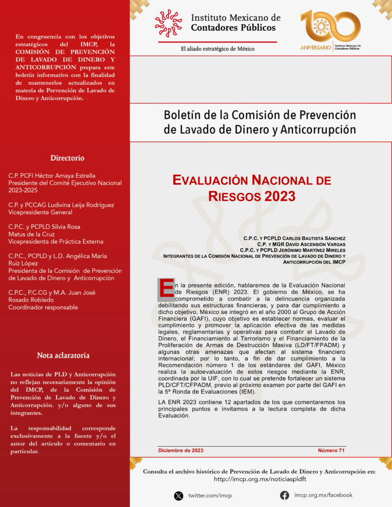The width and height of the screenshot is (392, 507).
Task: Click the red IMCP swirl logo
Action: [x=168, y=23]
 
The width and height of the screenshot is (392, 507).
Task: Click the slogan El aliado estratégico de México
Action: [x=217, y=49]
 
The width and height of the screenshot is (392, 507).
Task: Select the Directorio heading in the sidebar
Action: [x=67, y=158]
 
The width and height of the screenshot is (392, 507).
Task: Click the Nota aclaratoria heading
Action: [x=63, y=355]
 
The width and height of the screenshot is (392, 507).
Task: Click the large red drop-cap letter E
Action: [x=166, y=290]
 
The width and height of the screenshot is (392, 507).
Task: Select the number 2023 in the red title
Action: [x=280, y=196]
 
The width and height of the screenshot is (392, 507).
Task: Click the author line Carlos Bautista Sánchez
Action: [x=294, y=239]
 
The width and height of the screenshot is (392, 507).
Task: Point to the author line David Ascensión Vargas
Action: [x=301, y=244]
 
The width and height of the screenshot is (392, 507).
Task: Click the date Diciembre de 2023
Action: [x=181, y=451]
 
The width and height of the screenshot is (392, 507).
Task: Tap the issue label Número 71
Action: [x=331, y=451]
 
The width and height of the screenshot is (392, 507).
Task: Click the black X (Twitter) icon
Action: [x=179, y=495]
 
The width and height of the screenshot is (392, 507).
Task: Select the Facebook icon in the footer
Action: [x=285, y=495]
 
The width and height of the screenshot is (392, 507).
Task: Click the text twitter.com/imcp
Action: [x=210, y=496]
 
